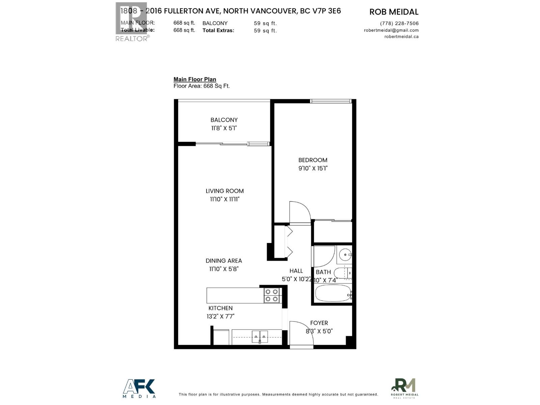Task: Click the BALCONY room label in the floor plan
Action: [224, 120]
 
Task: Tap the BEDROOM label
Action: [313, 160]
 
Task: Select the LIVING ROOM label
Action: [224, 191]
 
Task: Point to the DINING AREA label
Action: [223, 261]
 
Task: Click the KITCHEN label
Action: [220, 308]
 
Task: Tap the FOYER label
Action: [319, 323]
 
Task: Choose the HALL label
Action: [296, 271]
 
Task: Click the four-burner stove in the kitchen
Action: [271, 295]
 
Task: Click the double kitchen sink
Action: [260, 336]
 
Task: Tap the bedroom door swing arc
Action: [300, 212]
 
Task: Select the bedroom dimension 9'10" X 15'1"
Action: [313, 168]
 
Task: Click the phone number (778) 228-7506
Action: [399, 23]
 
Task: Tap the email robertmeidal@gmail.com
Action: [391, 30]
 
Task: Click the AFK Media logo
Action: [139, 388]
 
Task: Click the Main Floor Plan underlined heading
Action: [195, 79]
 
